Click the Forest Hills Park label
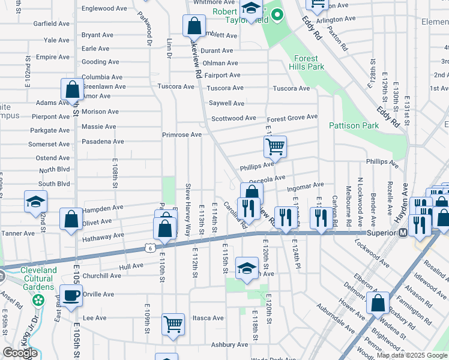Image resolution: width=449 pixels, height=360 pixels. click(309, 62)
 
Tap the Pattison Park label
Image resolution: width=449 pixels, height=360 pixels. click(354, 125)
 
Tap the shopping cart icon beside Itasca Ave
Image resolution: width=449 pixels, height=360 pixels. click(173, 325)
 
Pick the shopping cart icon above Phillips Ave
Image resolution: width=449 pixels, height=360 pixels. click(275, 146)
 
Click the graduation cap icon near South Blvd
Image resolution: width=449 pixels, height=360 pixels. click(35, 201)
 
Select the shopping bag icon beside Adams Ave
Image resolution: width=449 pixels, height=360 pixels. click(72, 90)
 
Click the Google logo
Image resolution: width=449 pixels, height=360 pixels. click(20, 353)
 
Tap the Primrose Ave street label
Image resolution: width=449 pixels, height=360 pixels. click(181, 134)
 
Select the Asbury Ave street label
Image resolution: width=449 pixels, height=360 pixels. click(229, 344)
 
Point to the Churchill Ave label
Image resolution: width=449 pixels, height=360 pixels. click(102, 276)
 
